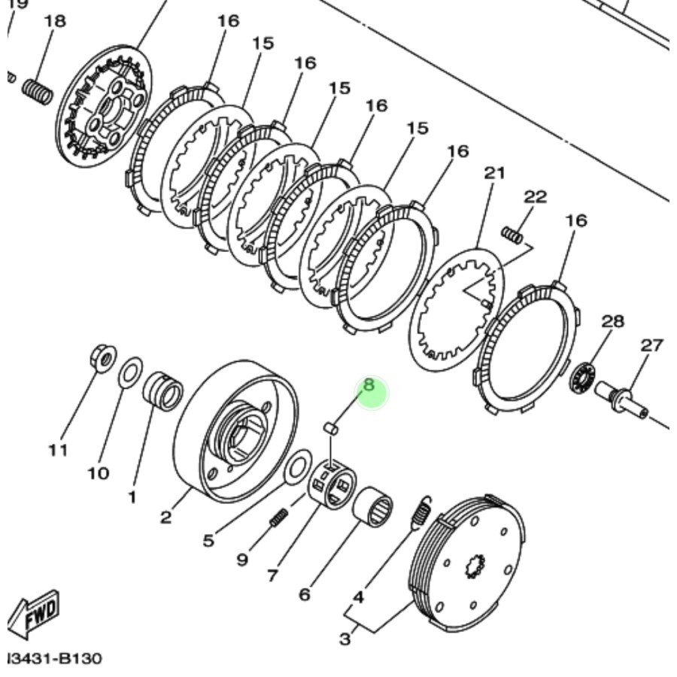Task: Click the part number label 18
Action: tap(54, 20)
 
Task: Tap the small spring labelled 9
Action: tap(278, 518)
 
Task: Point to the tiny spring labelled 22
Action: tap(512, 235)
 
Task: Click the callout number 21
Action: tap(494, 173)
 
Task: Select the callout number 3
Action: tap(345, 639)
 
